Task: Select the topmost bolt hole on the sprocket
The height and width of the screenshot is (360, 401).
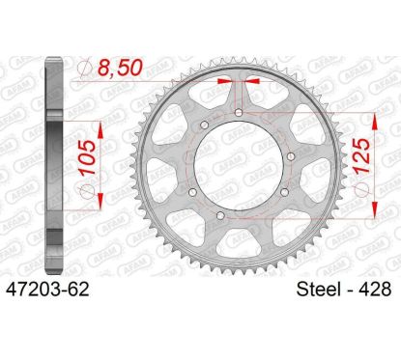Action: [x=238, y=114]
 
